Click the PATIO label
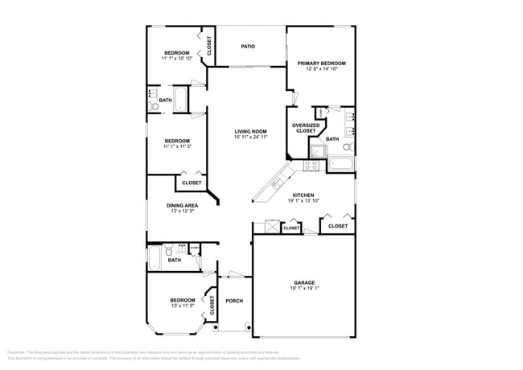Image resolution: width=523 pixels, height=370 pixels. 249,47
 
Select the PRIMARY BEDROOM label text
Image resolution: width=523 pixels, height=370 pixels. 321,63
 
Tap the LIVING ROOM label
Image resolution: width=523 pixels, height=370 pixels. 250,131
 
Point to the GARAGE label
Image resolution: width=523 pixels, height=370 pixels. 303,283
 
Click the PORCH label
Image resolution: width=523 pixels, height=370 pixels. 234,301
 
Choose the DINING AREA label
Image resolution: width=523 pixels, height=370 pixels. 182,205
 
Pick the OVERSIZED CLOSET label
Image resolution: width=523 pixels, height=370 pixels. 306,128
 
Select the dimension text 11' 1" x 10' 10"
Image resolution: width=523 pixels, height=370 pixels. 176,59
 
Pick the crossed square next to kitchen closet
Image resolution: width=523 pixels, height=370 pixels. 263,228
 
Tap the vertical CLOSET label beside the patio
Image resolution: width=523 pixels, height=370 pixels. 209,46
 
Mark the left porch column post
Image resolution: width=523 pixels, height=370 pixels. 215,327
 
